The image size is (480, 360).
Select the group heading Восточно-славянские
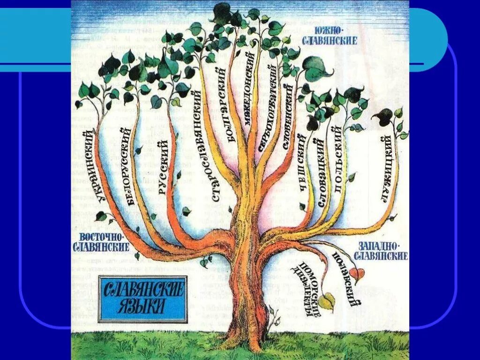[100, 241]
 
